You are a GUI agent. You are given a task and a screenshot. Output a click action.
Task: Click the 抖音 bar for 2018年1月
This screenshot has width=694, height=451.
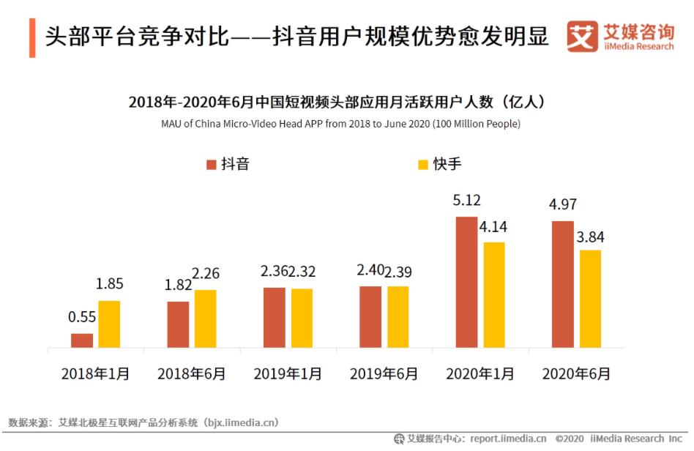[x=82, y=340]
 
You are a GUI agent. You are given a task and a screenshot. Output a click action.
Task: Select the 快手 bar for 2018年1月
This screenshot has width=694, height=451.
[x=109, y=324]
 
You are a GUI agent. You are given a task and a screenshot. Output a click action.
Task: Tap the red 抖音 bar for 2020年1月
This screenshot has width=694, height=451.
[x=467, y=282]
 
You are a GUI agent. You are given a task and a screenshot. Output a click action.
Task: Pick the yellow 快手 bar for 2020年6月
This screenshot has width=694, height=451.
[x=590, y=299]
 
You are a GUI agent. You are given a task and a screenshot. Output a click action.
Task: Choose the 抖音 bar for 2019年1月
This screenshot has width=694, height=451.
[x=275, y=318]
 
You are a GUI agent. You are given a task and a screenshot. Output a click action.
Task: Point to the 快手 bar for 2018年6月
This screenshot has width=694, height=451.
[x=206, y=318]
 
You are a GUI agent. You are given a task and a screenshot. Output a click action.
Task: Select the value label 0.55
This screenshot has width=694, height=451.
[x=82, y=318]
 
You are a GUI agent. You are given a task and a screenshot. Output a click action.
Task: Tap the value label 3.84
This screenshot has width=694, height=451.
[x=590, y=237]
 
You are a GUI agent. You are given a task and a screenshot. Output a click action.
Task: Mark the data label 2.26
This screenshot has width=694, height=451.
[x=206, y=274]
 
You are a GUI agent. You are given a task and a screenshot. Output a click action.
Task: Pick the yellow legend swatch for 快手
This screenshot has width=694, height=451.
[x=422, y=164]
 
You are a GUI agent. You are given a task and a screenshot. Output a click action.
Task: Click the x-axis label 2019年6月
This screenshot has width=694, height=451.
[x=384, y=373]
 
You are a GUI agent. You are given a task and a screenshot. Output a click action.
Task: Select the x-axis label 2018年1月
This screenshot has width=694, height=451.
[x=95, y=373]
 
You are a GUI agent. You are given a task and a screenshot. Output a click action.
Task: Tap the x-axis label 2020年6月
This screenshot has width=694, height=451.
[x=576, y=373]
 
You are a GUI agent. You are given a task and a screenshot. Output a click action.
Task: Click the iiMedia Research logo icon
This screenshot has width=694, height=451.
[x=582, y=36]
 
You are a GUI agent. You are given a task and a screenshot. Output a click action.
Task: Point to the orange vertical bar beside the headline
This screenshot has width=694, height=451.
[x=32, y=37]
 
